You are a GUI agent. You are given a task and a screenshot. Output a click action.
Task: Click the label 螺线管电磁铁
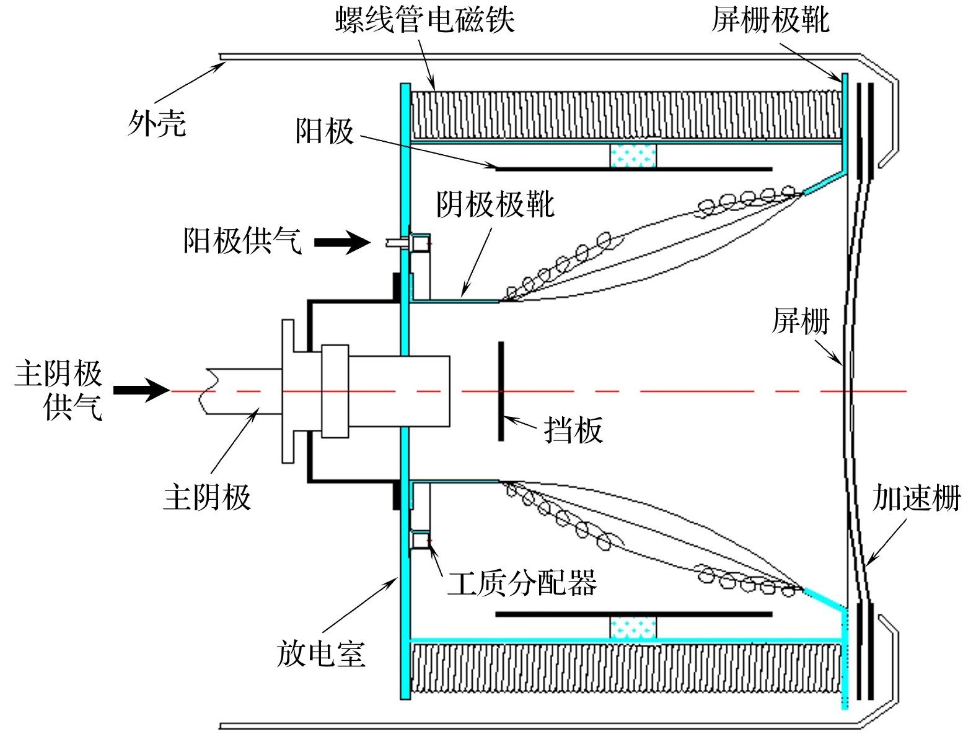[424, 19]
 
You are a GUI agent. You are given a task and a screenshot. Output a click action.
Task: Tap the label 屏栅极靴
[770, 19]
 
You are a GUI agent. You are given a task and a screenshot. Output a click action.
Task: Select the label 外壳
[157, 123]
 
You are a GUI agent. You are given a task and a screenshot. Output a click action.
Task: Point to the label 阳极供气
[242, 240]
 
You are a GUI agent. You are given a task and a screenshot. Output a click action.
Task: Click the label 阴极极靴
[495, 204]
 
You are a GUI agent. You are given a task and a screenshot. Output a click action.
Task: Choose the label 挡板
[573, 429]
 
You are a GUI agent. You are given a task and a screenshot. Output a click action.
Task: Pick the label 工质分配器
[522, 582]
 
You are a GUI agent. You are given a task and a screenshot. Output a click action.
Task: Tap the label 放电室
[320, 653]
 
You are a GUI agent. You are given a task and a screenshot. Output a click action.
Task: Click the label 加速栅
[917, 497]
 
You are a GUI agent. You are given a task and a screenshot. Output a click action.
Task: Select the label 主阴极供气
[59, 390]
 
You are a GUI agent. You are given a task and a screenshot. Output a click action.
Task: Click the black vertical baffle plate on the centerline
[501, 391]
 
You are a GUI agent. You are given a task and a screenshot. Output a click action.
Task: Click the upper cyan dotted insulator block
[633, 155]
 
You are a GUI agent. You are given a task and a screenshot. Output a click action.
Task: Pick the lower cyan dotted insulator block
[633, 627]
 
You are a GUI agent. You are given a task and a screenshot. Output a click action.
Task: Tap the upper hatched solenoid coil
[626, 115]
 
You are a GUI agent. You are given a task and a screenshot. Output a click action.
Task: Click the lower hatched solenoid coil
[626, 668]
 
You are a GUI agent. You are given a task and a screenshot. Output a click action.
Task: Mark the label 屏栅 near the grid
[800, 321]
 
